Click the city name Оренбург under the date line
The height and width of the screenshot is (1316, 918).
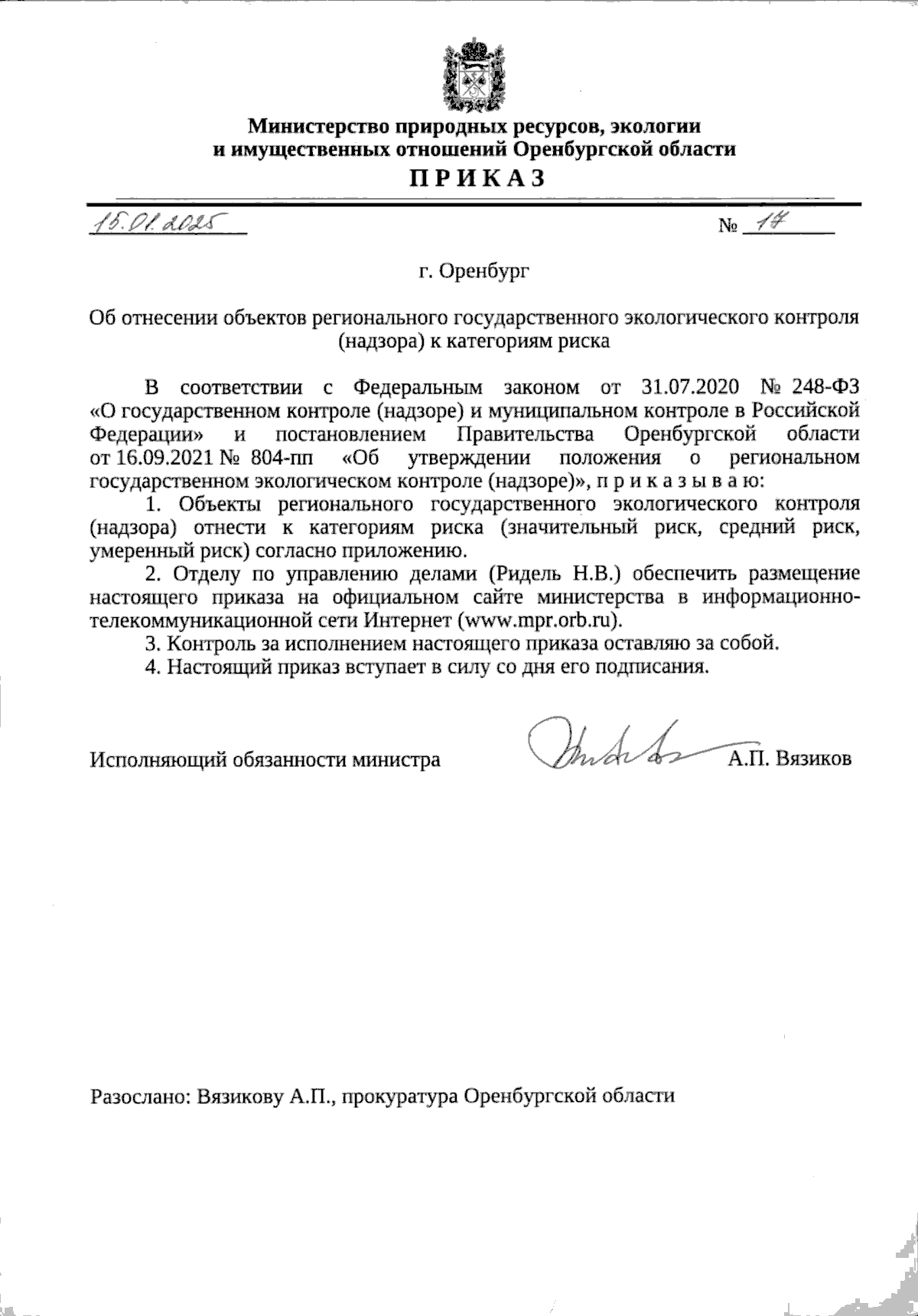pyautogui.click(x=474, y=271)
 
